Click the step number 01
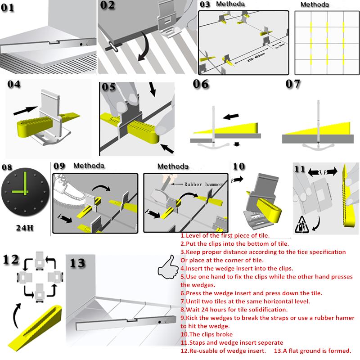13,9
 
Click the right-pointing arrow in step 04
25,109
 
